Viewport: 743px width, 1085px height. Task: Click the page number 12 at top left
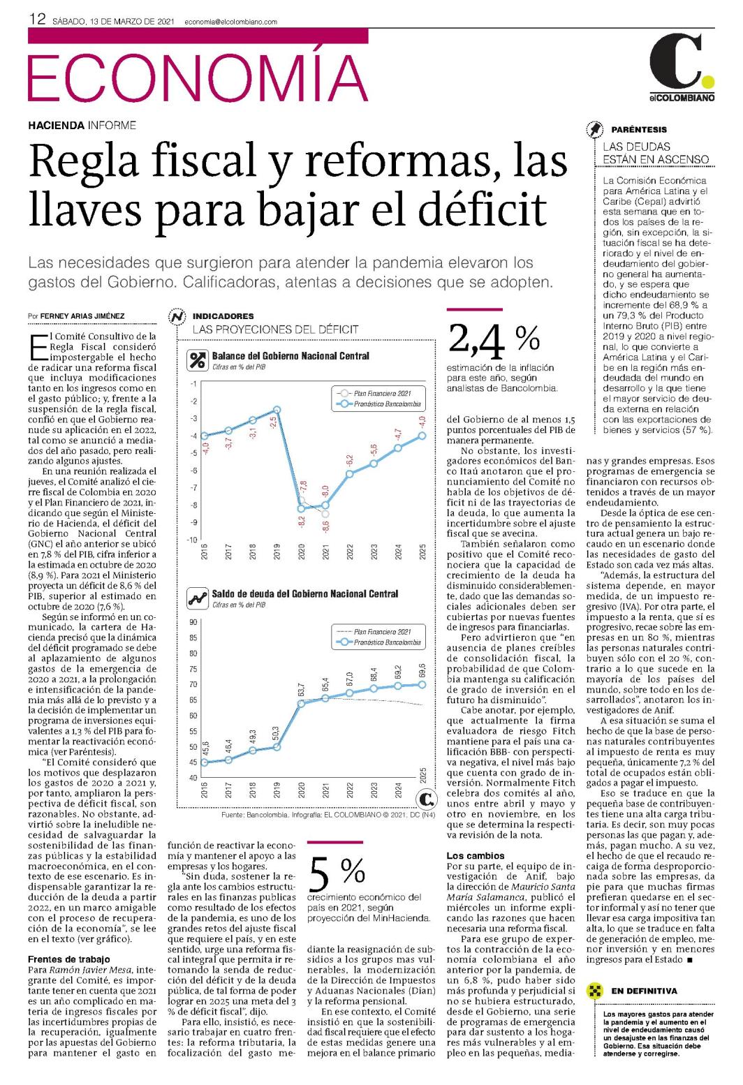coord(37,20)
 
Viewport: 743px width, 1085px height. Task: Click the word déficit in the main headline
coord(483,209)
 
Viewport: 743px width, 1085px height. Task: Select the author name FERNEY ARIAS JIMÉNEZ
coord(82,316)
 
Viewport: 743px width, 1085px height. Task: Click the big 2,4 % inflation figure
coord(493,339)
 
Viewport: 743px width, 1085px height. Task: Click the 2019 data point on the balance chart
coord(277,411)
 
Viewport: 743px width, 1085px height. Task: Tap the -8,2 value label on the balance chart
coord(302,522)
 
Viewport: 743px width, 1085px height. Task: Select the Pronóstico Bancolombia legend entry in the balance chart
coord(381,404)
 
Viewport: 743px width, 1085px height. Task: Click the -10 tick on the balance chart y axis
coord(192,540)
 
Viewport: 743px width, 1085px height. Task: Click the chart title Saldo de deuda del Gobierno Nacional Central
coord(304,594)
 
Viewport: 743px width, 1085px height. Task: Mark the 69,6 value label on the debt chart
coord(422,670)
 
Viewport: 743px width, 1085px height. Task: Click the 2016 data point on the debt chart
coord(205,762)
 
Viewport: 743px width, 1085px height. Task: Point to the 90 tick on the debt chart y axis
coord(193,622)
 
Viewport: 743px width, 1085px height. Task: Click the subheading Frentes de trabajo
coord(68,959)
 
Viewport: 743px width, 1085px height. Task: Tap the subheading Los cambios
coord(475,856)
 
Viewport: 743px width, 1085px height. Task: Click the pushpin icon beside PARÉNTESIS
coord(595,130)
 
